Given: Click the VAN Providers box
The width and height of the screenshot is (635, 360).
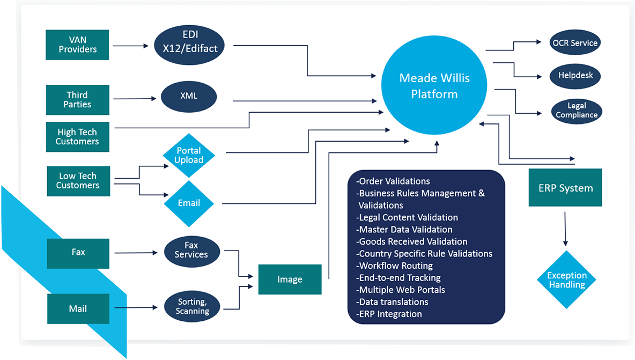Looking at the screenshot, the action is (x=77, y=45).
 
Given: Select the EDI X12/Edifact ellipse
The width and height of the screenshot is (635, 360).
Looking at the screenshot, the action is (x=189, y=45).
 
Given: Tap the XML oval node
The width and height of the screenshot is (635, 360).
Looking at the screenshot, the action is (x=189, y=97).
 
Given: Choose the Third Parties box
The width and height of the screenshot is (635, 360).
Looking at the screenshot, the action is (x=78, y=100).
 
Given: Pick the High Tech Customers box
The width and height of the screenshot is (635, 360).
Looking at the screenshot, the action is (x=78, y=137).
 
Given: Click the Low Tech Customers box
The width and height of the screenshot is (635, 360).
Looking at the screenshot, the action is (x=78, y=181).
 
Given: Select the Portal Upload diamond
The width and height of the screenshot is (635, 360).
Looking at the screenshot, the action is (x=189, y=156).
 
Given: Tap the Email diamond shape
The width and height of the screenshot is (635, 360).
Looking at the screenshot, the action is (x=189, y=203).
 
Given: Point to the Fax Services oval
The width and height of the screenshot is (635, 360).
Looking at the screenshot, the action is (x=191, y=250).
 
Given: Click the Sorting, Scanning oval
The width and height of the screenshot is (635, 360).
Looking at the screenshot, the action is (x=192, y=306).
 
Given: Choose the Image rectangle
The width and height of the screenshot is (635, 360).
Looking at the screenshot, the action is (x=290, y=280).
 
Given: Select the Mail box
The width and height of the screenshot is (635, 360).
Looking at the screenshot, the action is (x=78, y=308).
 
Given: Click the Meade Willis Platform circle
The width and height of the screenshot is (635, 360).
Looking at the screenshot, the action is (x=434, y=85).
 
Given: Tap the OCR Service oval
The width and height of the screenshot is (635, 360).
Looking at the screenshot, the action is (x=575, y=42).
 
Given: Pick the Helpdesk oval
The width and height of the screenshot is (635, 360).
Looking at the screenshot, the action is (x=575, y=76).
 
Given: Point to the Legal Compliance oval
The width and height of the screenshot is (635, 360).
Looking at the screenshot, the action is (x=577, y=111).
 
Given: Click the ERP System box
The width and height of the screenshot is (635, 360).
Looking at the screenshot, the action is (x=565, y=187).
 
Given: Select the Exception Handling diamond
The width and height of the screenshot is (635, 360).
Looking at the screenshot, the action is (x=566, y=280).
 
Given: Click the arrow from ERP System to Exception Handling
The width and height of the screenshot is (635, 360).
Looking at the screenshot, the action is (x=565, y=229).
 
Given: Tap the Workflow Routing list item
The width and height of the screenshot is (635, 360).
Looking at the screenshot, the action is (x=394, y=266).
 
